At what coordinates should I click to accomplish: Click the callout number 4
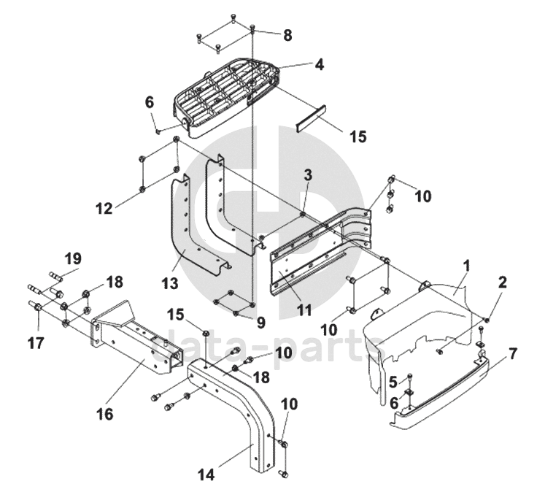pos(319,64)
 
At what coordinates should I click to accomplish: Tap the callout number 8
pos(287,35)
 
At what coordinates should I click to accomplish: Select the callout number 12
pos(104,208)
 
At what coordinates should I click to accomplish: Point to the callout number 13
pos(170,283)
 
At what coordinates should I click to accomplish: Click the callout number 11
pos(304,310)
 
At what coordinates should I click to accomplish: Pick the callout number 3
pos(308,174)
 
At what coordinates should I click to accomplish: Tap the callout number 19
pos(73,259)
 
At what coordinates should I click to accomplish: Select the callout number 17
pos(36,342)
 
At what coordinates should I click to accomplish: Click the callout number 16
pos(105,415)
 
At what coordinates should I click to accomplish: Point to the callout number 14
pos(206,474)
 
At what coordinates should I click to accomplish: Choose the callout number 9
pos(261,323)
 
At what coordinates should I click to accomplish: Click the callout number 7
pos(512,354)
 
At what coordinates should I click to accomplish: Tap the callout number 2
pos(503,282)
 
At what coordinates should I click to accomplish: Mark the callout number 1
pos(466,266)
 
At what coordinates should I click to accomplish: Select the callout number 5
pos(393,382)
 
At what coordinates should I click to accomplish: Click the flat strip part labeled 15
pos(311,118)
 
